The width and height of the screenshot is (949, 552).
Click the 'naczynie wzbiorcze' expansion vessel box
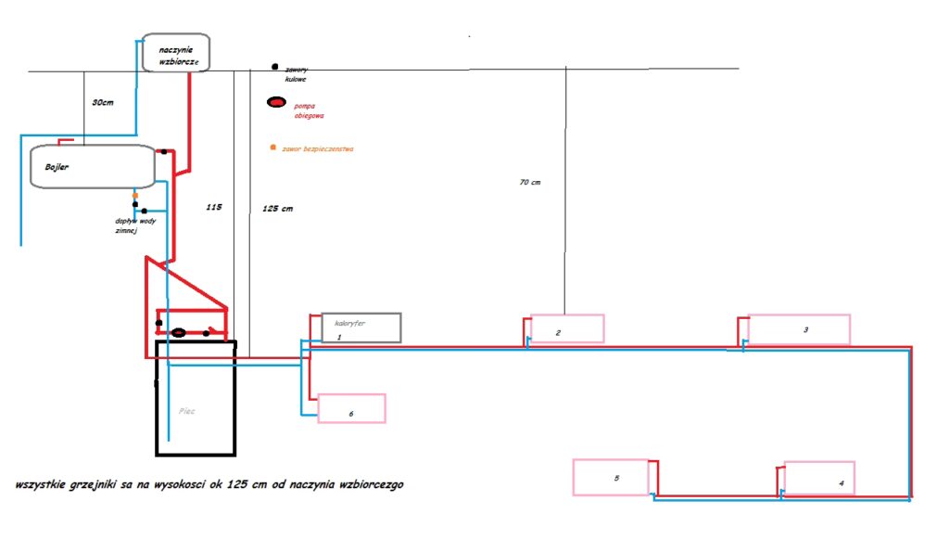click(x=176, y=53)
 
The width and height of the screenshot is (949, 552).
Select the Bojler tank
click(x=91, y=167)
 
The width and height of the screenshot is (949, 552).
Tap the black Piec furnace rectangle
click(x=196, y=398)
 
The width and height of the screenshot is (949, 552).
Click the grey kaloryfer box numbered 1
click(x=361, y=327)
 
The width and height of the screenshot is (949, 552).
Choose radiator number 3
click(x=798, y=329)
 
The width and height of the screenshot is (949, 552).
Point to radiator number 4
click(x=819, y=478)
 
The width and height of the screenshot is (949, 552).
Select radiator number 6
click(x=351, y=408)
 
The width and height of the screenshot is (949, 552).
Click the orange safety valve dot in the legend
click(x=272, y=148)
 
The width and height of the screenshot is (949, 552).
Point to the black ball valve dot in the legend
click(x=275, y=67)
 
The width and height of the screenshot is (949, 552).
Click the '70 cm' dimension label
click(x=529, y=183)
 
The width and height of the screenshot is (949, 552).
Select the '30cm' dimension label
click(x=103, y=102)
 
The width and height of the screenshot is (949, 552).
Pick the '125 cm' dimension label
click(x=278, y=209)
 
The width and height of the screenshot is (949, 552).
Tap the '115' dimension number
click(x=215, y=209)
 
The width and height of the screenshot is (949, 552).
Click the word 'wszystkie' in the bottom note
click(x=42, y=485)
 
